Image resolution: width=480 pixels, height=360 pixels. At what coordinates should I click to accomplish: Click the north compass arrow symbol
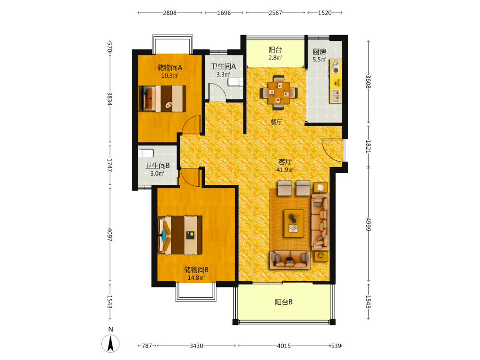[110, 344]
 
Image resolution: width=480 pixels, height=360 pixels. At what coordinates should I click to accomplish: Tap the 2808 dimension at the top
[169, 13]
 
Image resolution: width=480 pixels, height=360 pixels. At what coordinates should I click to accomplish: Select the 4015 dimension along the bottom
[284, 346]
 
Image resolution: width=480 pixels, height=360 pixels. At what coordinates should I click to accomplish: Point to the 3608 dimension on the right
[368, 82]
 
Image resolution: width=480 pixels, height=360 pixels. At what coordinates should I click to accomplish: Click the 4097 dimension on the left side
[109, 235]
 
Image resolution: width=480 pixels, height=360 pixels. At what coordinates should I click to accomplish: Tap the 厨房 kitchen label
[319, 52]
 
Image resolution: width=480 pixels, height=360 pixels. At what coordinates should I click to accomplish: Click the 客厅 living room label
[285, 162]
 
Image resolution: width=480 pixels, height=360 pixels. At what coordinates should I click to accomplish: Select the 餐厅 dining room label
[276, 122]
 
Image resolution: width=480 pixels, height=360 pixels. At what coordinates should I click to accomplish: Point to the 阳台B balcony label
[284, 302]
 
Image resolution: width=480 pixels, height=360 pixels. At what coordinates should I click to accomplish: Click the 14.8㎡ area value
[196, 277]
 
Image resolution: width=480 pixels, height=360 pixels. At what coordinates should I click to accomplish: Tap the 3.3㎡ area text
[223, 74]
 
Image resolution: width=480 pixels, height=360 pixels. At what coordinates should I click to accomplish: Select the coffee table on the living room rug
[294, 223]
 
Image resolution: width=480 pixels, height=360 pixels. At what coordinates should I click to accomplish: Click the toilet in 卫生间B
[146, 153]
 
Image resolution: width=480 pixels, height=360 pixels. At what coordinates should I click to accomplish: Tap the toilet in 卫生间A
[235, 82]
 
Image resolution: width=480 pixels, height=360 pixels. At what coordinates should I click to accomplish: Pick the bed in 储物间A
[163, 98]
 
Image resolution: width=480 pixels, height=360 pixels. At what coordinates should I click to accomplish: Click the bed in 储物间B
[180, 235]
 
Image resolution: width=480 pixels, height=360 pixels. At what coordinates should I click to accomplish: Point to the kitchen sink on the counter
[336, 96]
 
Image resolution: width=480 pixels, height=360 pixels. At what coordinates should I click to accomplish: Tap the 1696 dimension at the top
[224, 13]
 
